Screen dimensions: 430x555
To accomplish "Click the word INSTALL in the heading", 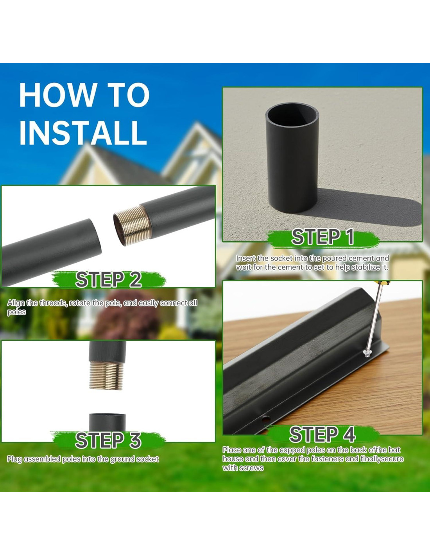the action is (83, 133).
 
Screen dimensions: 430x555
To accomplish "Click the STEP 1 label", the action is (323, 237).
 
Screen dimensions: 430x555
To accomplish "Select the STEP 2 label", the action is (108, 279).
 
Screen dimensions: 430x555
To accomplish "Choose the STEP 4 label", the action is (322, 434).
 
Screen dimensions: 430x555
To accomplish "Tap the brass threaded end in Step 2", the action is (132, 225).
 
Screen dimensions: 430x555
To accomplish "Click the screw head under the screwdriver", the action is (367, 354).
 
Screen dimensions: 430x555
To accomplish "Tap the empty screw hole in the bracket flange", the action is (266, 420).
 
